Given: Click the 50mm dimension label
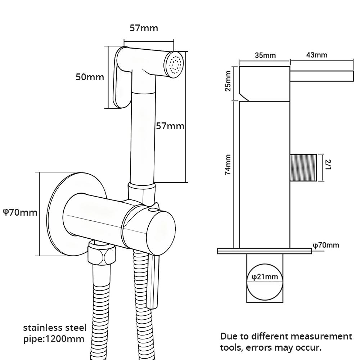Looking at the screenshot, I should tap(90, 77).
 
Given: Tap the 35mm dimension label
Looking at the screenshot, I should tap(265, 55).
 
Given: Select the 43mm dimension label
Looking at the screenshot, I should tap(317, 55).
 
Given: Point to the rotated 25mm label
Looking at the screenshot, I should tap(228, 81).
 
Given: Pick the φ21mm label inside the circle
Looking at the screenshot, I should tap(265, 277).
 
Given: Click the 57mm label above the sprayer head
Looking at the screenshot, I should tap(144, 28).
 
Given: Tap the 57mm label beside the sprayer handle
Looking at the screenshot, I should tap(170, 126).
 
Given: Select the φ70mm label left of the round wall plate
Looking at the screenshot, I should tap(20, 212).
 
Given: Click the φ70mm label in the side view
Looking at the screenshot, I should tap(326, 245).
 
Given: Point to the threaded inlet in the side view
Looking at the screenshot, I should tap(303, 167).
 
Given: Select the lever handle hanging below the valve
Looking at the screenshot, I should tap(153, 281).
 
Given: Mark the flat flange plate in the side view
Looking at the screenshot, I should tap(265, 251).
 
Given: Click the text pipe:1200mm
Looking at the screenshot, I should tap(54, 339).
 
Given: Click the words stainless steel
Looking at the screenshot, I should tap(55, 328).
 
